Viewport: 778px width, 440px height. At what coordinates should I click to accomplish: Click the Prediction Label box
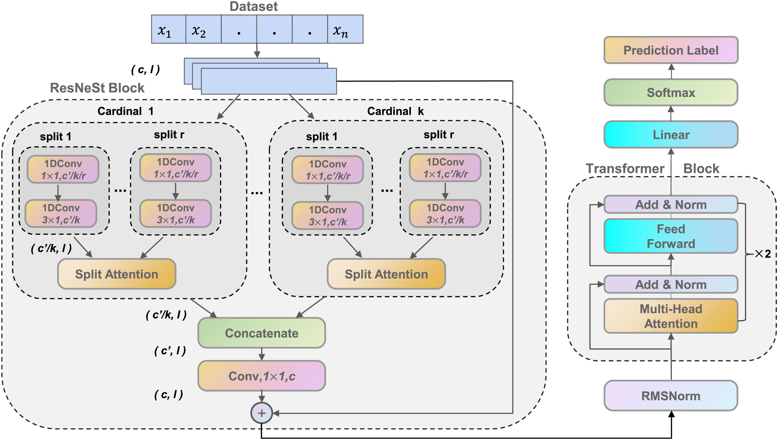click(x=671, y=50)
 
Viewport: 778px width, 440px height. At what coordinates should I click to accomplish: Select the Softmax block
click(x=671, y=93)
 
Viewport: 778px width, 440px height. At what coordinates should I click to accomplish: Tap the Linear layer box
click(x=671, y=135)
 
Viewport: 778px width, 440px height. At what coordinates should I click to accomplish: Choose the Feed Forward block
click(x=671, y=236)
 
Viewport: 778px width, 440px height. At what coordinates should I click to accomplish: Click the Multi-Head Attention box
click(x=671, y=316)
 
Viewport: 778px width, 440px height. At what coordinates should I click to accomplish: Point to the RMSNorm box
click(x=671, y=396)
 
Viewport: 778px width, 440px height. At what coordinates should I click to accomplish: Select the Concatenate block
click(x=262, y=333)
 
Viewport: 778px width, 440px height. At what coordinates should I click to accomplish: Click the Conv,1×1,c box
click(x=262, y=376)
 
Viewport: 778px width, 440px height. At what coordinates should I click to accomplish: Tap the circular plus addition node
click(x=262, y=413)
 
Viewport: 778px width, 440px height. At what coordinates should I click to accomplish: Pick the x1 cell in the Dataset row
click(x=168, y=29)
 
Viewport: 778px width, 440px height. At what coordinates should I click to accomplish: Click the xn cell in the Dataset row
click(x=345, y=29)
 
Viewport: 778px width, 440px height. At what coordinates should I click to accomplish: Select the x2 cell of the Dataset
click(x=203, y=29)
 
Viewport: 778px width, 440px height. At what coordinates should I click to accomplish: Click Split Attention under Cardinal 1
click(x=116, y=274)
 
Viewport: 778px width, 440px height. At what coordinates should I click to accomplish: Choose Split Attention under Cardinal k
click(x=386, y=274)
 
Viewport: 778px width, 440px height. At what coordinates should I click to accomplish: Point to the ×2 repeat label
click(x=763, y=254)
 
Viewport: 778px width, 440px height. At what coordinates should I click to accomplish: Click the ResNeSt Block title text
click(x=97, y=88)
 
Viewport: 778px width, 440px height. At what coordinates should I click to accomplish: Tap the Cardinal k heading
click(x=395, y=111)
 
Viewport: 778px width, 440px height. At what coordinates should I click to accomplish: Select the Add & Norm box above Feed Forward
click(x=671, y=204)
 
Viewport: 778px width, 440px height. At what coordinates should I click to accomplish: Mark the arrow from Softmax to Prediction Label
click(x=671, y=71)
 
